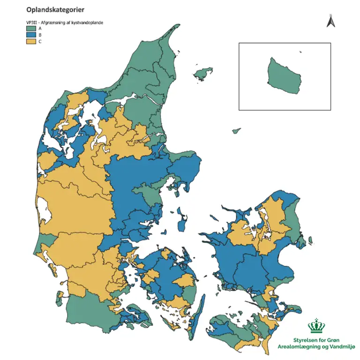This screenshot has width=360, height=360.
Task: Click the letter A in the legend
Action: tap(40, 29)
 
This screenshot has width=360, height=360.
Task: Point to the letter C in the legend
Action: tap(40, 41)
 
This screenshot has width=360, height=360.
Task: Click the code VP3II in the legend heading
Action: tap(31, 22)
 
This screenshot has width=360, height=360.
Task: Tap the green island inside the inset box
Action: tap(284, 75)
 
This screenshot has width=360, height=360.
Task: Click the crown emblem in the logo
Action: tap(318, 326)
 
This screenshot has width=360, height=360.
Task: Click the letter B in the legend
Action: tap(40, 35)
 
